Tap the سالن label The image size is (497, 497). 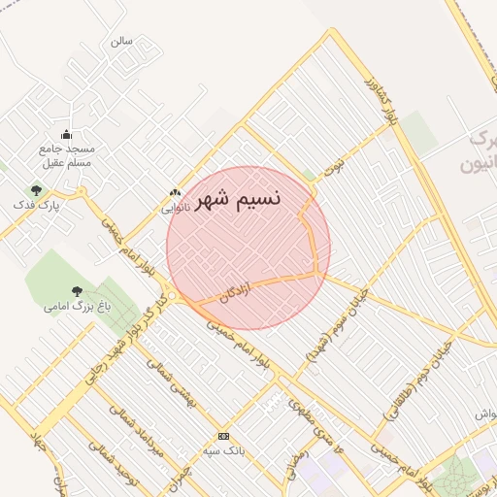coord(120,41)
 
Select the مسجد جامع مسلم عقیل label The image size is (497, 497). coord(66,155)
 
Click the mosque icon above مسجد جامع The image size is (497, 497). coord(66,134)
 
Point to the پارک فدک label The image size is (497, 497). coord(37,206)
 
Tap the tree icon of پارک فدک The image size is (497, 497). coord(37,190)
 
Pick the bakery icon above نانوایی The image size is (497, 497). coord(175,193)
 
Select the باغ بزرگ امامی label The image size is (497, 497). coord(78,306)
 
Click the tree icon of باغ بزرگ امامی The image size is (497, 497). coord(77,289)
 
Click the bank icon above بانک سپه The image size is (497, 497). coord(224,437)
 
